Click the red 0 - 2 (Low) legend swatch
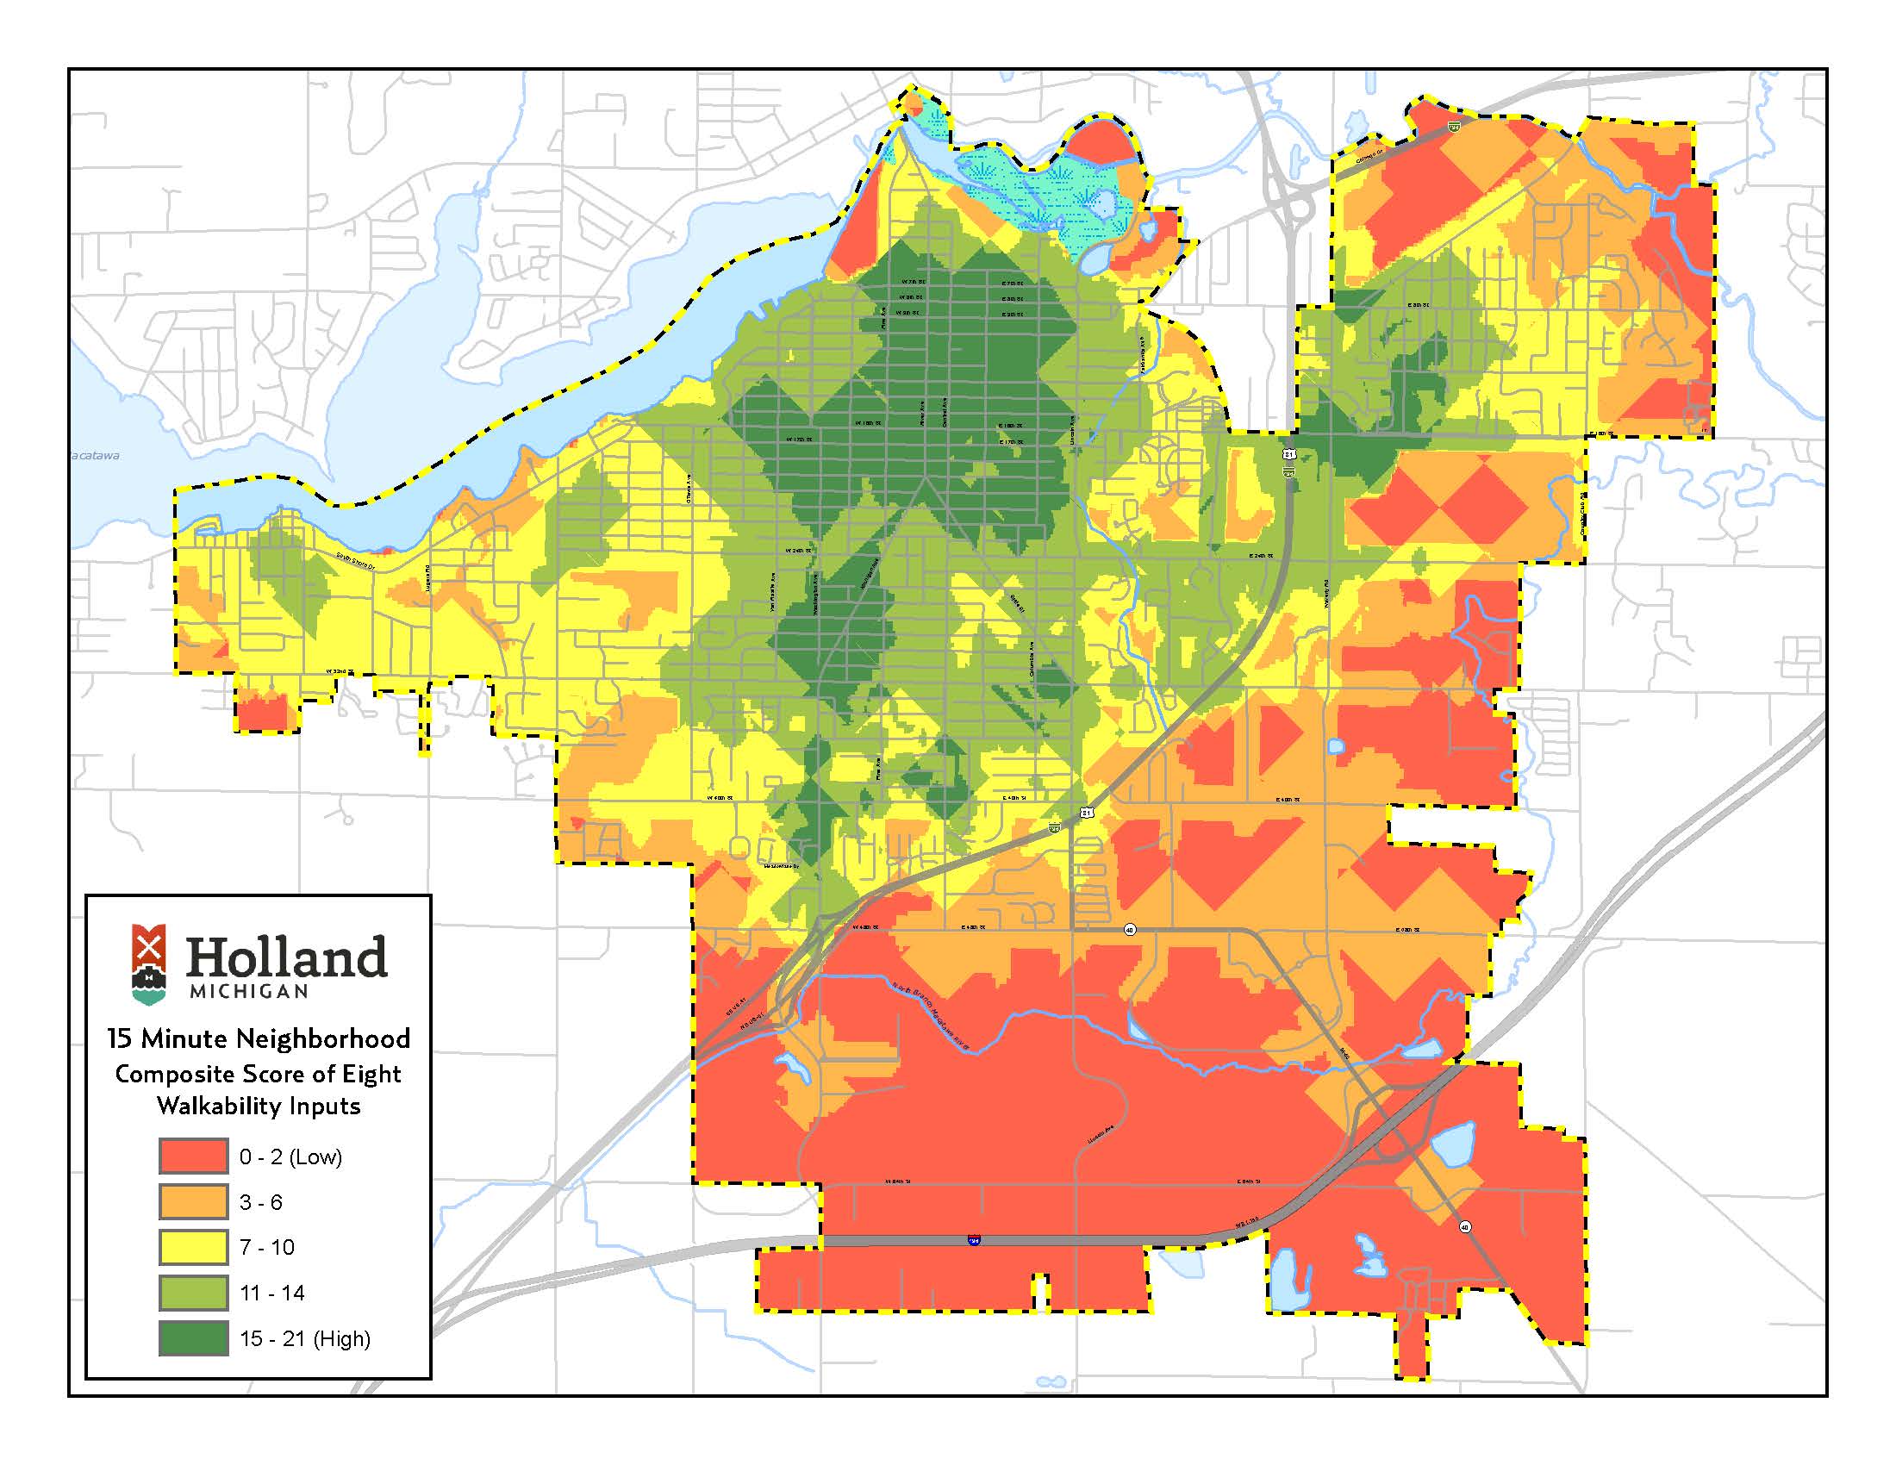193,1156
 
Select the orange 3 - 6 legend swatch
193,1202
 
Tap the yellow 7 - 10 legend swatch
193,1247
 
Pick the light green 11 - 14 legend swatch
193,1293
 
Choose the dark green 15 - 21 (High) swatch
193,1338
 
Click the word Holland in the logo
285,958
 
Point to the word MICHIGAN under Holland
248,991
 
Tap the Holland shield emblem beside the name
149,963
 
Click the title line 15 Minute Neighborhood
259,1039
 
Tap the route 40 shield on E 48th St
1130,930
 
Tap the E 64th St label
1249,1181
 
